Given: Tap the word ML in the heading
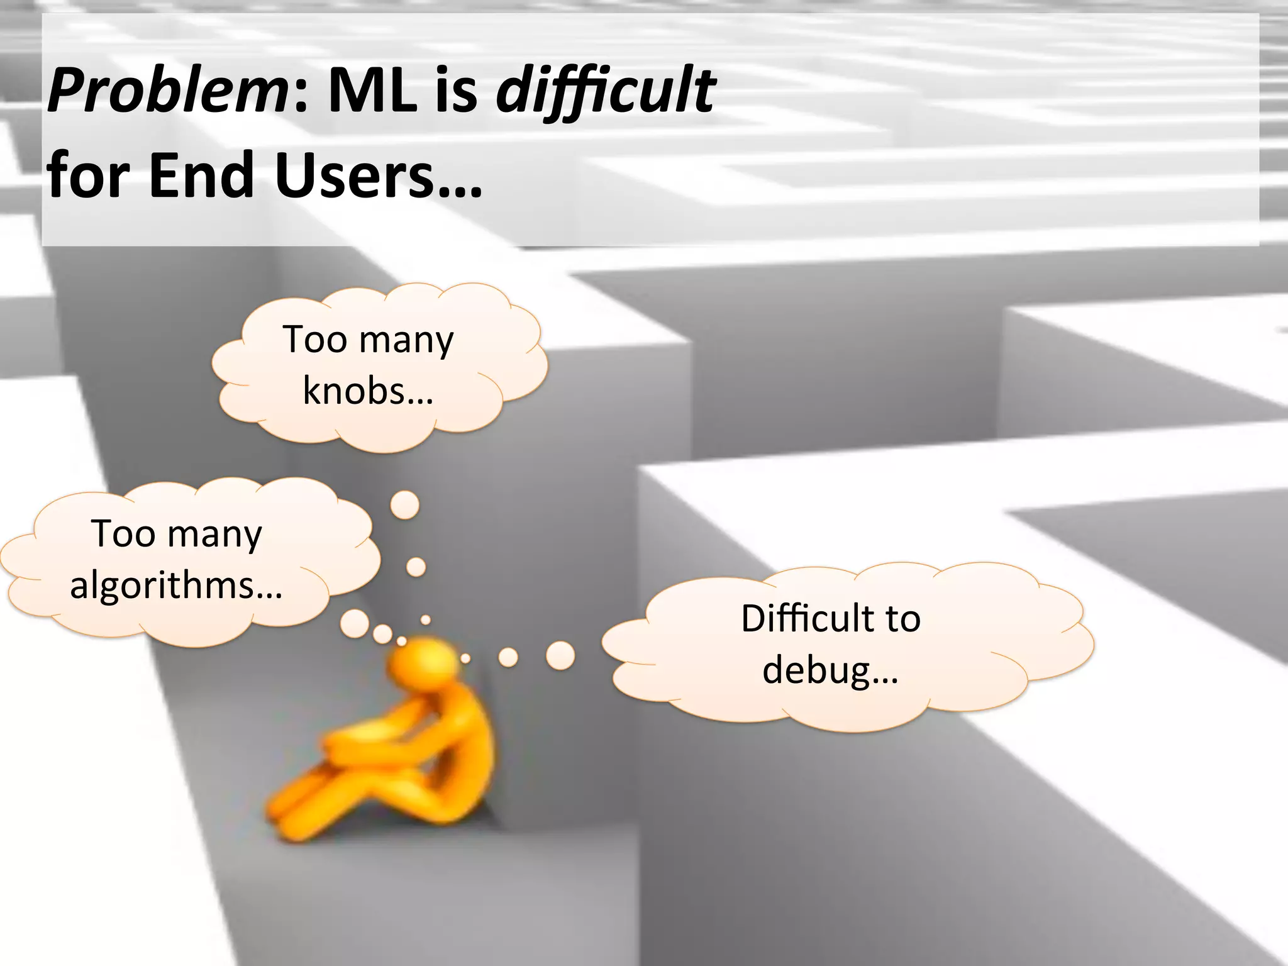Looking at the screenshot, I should [372, 91].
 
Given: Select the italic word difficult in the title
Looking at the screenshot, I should [605, 91].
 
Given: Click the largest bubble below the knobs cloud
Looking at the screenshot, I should [405, 505].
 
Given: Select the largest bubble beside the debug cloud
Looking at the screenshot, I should [560, 655].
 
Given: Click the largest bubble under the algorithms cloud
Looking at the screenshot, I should [355, 623].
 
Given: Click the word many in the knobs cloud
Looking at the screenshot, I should [406, 341].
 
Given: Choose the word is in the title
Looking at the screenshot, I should [456, 91].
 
